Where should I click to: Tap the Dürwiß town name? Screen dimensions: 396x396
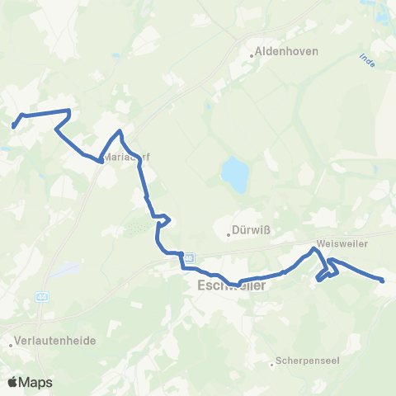tap(256, 230)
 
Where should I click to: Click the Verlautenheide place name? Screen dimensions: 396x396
tap(54, 340)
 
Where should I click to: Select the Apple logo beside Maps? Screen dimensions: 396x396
tap(12, 382)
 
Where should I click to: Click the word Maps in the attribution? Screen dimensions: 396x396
tap(35, 382)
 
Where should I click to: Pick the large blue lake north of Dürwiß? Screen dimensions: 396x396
tap(234, 175)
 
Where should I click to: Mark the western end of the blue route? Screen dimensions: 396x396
tap(14, 126)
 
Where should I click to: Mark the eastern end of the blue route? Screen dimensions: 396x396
tap(383, 281)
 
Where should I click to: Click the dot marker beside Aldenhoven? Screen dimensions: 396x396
tap(252, 56)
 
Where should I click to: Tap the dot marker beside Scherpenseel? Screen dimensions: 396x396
tap(272, 364)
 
